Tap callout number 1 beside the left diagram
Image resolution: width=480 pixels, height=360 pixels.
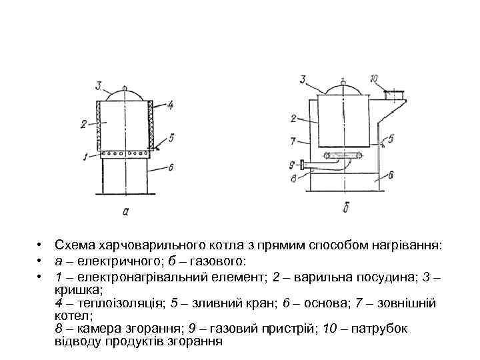[84, 156]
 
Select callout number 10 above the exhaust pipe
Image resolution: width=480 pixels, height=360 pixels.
[375, 79]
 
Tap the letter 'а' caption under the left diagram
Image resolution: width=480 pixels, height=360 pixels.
[125, 212]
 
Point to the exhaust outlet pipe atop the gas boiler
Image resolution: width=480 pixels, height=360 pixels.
[396, 95]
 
